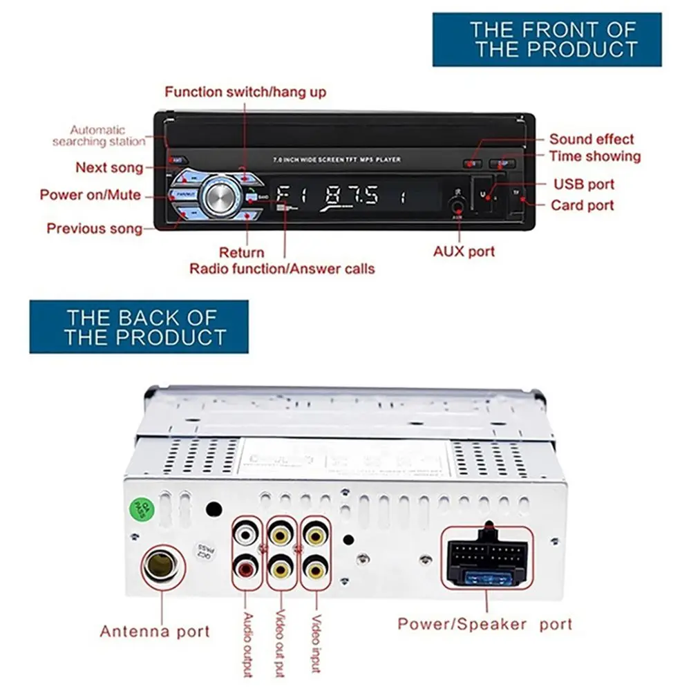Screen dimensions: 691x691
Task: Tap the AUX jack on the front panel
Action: tap(457, 205)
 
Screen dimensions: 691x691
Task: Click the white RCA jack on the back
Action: tap(247, 533)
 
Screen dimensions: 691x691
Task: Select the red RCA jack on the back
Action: tap(247, 569)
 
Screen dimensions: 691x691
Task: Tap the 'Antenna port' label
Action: tap(155, 631)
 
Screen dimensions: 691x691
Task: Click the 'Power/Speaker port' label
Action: tap(484, 624)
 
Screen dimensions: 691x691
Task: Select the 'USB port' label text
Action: tap(583, 184)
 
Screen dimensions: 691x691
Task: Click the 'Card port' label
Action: tap(582, 205)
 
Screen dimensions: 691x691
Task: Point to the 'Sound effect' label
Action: tap(591, 139)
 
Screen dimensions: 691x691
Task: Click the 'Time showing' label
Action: tap(595, 156)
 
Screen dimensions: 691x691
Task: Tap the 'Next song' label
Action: tap(109, 167)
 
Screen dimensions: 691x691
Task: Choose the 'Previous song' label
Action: tap(95, 228)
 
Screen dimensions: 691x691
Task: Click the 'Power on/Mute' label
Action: tap(90, 195)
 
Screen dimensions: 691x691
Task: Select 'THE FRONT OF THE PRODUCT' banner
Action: tap(547, 39)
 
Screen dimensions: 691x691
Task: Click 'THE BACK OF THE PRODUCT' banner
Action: tap(139, 327)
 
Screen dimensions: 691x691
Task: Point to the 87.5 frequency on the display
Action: tap(352, 196)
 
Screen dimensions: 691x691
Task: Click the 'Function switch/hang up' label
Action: tap(245, 92)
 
